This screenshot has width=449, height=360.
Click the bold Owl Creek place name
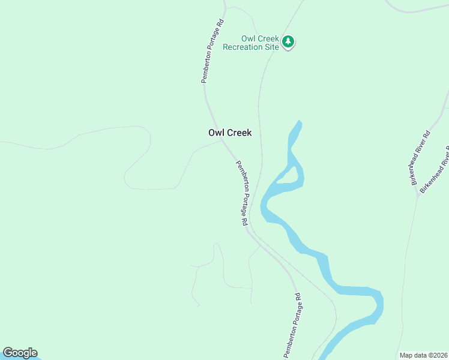click(230, 133)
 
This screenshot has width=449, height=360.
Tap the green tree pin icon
click(289, 41)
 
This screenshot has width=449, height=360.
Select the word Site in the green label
click(273, 47)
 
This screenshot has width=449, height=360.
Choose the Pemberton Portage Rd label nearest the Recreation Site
click(212, 51)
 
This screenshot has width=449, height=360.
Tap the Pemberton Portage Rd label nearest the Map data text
click(292, 325)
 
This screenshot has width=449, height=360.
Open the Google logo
click(20, 353)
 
